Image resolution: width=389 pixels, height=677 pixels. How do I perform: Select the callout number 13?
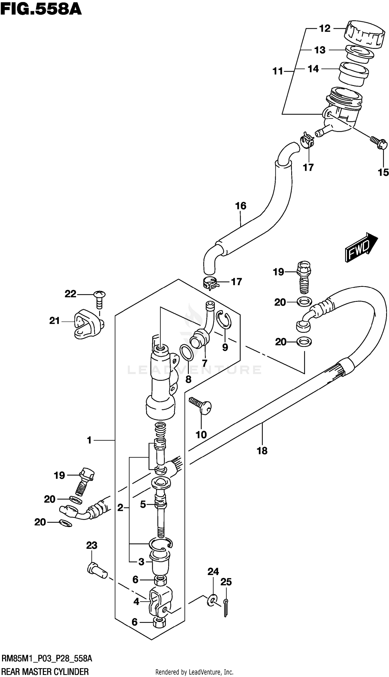pos(320,50)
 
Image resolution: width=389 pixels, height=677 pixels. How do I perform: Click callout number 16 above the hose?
pos(240,206)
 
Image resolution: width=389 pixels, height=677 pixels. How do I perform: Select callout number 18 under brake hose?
pos(262,451)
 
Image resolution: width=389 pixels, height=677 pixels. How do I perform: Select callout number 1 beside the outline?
pos(89,440)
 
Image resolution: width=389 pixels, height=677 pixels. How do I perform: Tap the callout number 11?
pos(277,71)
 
